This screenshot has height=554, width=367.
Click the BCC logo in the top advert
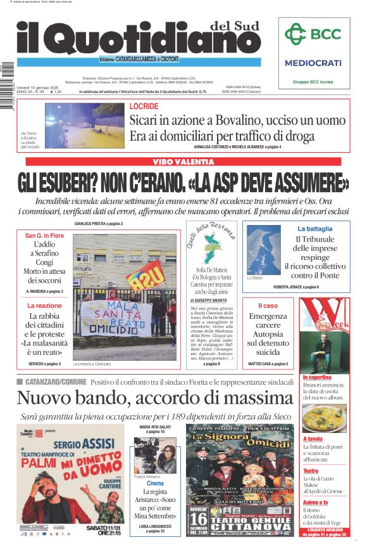(313, 34)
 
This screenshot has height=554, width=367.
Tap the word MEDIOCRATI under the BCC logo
(313, 63)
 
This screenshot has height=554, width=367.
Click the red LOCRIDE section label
(144, 106)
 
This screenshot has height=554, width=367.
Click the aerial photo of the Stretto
(263, 249)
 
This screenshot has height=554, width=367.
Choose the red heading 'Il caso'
(268, 306)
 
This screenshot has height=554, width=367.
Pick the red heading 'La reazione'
(44, 306)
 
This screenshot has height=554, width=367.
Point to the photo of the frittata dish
(323, 418)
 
